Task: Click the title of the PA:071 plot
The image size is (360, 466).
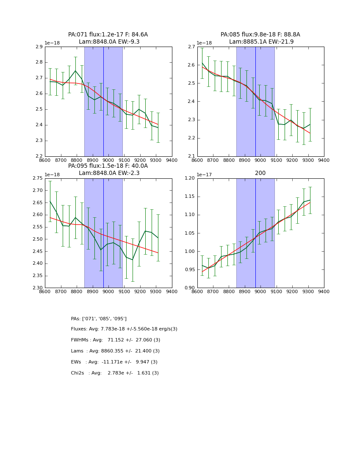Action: coord(108,35)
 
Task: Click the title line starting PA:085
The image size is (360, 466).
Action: coord(260,35)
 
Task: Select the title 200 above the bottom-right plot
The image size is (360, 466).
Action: coord(260,173)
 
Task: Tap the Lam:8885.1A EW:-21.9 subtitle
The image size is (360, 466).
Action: coord(261,42)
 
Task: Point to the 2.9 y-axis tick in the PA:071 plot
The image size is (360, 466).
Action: coord(39,47)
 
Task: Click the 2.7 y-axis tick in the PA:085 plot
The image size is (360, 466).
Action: coord(191,47)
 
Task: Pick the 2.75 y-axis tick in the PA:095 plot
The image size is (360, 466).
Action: coord(37,178)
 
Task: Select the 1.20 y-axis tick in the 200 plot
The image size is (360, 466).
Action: coord(190,178)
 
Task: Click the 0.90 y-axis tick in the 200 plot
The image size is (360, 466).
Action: coord(190,288)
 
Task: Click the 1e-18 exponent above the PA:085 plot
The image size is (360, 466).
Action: coord(204,43)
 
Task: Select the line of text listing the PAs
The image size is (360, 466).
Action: coord(99,319)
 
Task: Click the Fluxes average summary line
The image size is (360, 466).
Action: coord(124,329)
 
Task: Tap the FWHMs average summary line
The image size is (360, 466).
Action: coord(116,340)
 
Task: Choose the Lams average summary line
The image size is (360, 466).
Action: coord(115,351)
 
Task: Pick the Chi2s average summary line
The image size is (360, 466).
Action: coord(115,373)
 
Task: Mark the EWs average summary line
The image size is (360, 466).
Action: coord(114,362)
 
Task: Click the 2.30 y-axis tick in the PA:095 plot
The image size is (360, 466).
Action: coord(37,288)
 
